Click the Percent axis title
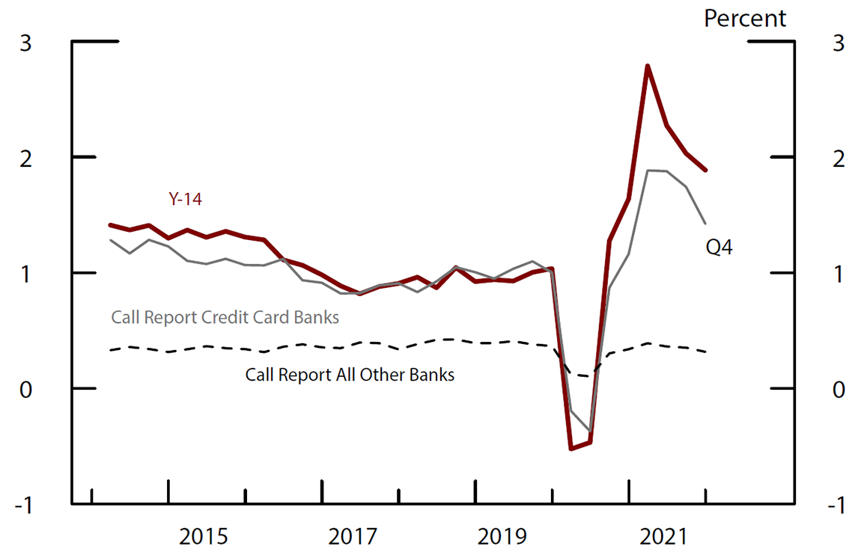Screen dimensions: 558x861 click(x=745, y=18)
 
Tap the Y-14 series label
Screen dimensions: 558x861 click(x=184, y=199)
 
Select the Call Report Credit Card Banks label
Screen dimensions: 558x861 click(x=225, y=317)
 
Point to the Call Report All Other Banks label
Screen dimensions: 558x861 click(x=350, y=374)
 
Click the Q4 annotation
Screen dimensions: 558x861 click(x=719, y=247)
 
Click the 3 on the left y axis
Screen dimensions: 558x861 click(x=25, y=43)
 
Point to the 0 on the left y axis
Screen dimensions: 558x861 click(x=25, y=390)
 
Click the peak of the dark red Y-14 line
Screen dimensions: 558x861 click(x=647, y=66)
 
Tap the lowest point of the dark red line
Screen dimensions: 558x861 click(x=571, y=448)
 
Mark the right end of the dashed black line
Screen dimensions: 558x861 click(x=706, y=352)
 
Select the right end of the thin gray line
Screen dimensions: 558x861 click(x=705, y=223)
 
